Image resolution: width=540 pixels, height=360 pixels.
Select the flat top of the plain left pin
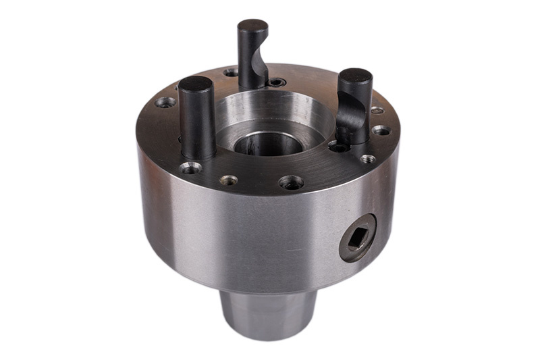pyautogui.click(x=195, y=84)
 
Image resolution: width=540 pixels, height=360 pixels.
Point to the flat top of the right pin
pyautogui.click(x=356, y=76)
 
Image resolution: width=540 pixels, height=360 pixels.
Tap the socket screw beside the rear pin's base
pyautogui.click(x=275, y=82)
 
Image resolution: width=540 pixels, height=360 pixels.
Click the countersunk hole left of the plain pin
pyautogui.click(x=165, y=103)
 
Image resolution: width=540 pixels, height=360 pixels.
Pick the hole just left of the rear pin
pyautogui.click(x=231, y=72)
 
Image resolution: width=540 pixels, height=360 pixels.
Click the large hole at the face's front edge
pyautogui.click(x=291, y=182)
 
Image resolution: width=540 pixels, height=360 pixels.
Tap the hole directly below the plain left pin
pyautogui.click(x=191, y=168)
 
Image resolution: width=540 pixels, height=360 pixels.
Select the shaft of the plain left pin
pyautogui.click(x=198, y=125)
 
